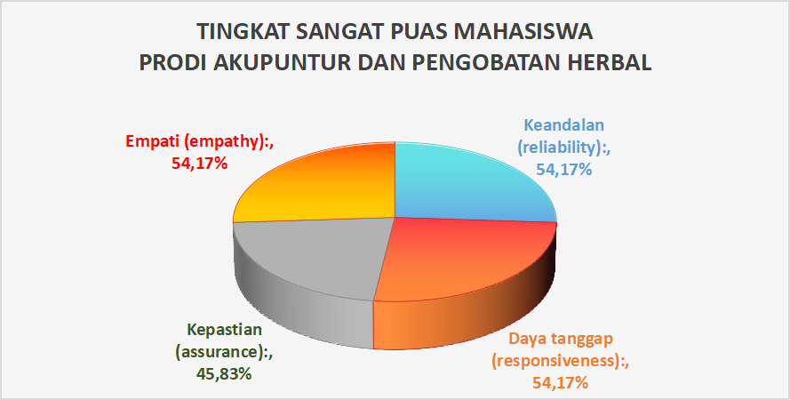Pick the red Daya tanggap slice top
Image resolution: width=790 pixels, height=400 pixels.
[468, 260]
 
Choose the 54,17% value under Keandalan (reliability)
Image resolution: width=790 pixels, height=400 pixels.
[563, 170]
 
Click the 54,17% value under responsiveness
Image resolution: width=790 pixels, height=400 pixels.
[560, 383]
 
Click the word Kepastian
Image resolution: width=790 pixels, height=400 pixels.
[225, 330]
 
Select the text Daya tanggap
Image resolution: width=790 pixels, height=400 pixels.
[561, 338]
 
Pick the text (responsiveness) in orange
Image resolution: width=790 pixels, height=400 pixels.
[561, 361]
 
